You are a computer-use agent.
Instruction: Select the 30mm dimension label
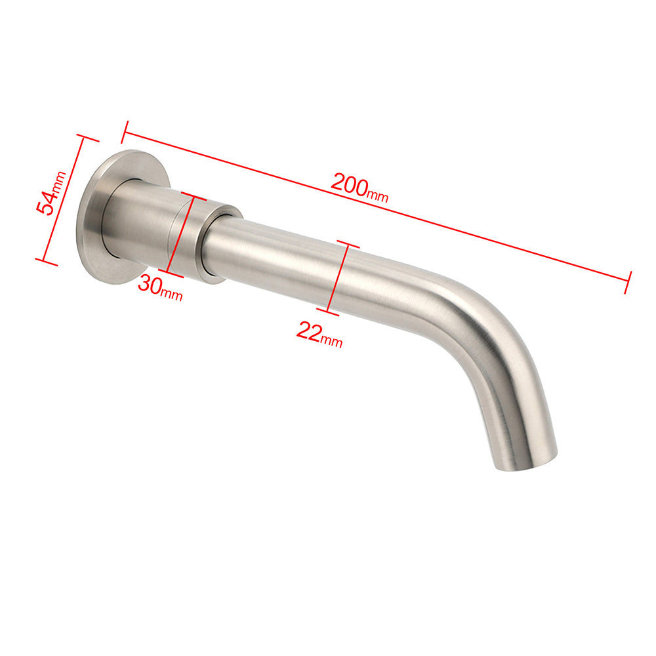160,289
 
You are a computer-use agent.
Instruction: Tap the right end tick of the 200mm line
628,281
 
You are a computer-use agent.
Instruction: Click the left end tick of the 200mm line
123,132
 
